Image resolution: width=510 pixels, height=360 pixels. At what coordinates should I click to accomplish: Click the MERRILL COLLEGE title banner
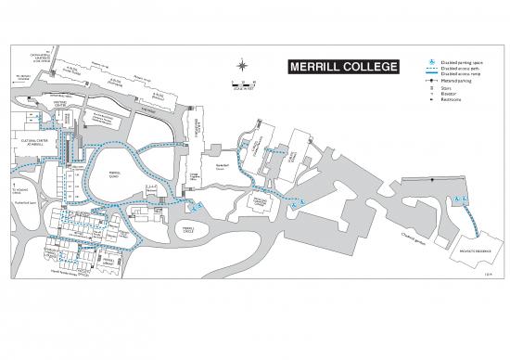[x=342, y=67]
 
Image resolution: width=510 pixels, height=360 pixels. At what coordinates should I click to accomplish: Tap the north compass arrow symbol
[x=243, y=65]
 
